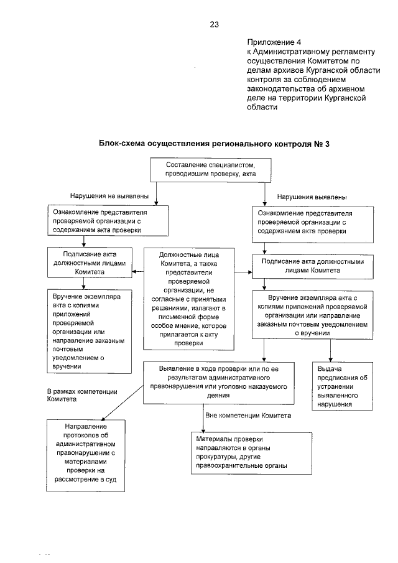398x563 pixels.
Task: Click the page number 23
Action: click(x=214, y=25)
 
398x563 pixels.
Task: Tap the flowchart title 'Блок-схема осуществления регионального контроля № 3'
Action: click(x=213, y=144)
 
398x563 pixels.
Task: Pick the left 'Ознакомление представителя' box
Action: click(x=107, y=220)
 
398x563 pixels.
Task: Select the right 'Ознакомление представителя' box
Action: click(x=311, y=226)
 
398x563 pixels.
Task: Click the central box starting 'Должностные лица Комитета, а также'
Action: click(x=187, y=298)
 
